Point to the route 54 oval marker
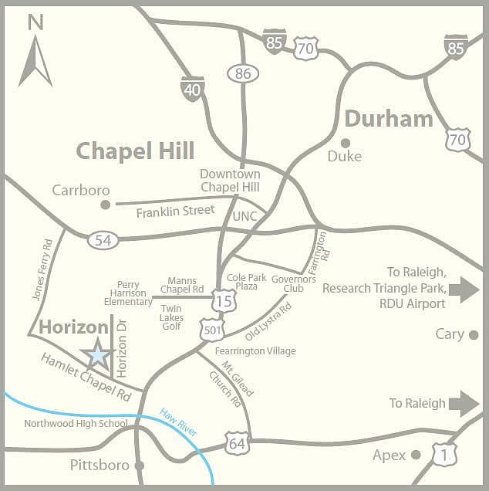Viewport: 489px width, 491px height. (x=103, y=239)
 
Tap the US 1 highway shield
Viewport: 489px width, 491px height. (x=443, y=455)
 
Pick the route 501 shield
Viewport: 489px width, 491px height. (x=212, y=330)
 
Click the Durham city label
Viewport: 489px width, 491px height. (x=389, y=119)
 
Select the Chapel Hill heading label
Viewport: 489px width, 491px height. (x=135, y=151)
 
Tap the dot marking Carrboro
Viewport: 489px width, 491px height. (x=106, y=204)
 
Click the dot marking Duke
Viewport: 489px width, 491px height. (x=346, y=142)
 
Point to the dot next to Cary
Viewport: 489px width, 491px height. (x=474, y=335)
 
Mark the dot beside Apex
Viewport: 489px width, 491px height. (x=416, y=455)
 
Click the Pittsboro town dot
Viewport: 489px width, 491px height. (x=140, y=466)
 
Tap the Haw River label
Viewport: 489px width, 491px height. (x=178, y=422)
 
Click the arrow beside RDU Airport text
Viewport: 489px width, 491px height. (x=464, y=290)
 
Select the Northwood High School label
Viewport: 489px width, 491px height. (x=76, y=423)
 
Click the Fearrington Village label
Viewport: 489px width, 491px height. (x=255, y=351)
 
